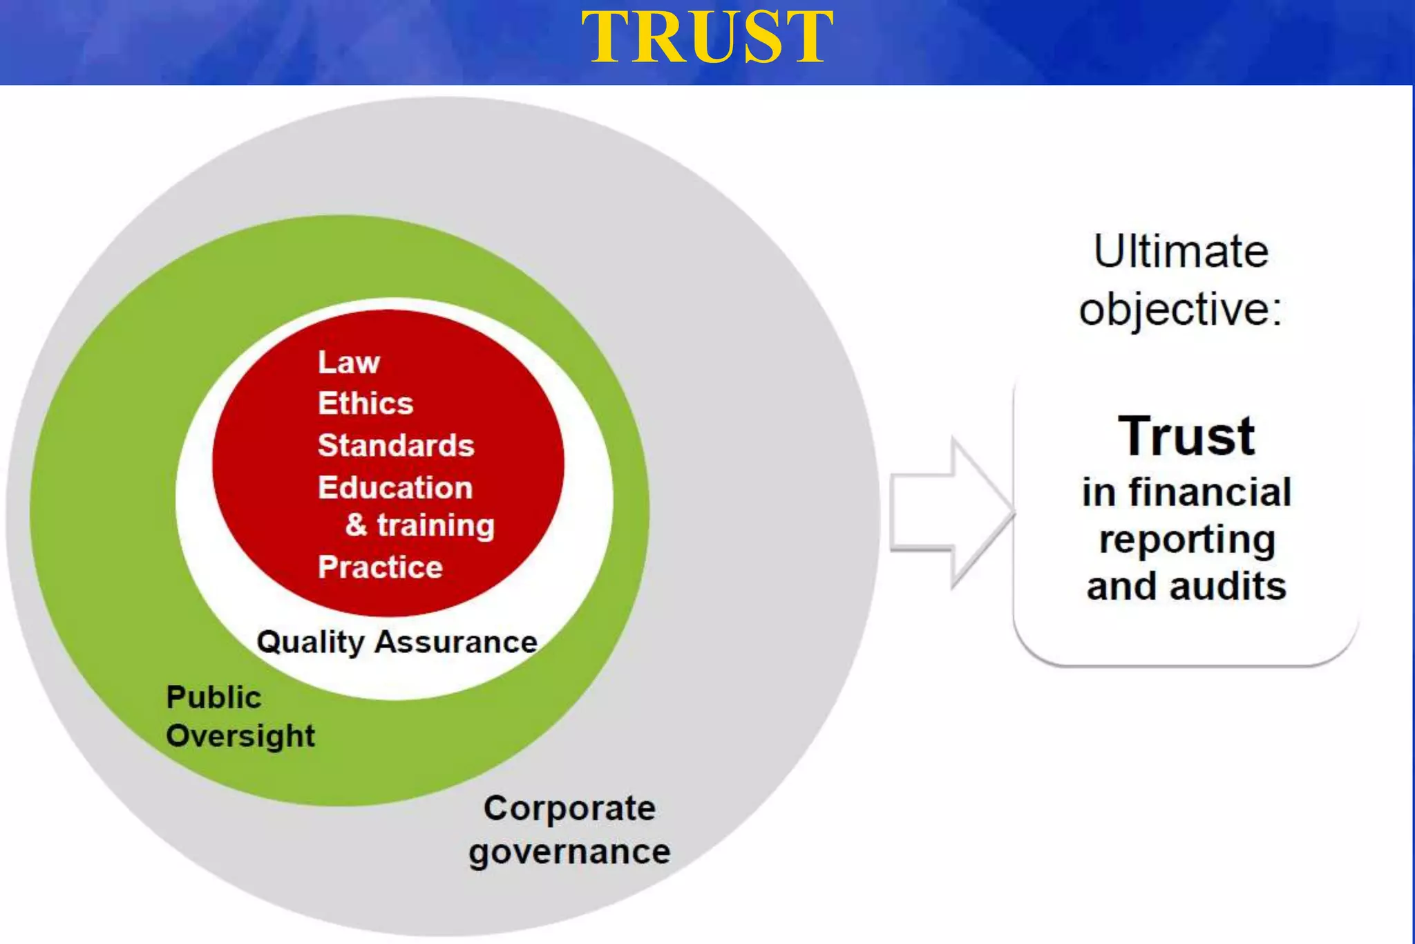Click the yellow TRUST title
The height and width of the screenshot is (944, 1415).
tap(707, 38)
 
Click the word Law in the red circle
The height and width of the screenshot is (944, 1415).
tap(348, 362)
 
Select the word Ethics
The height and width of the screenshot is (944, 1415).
tap(365, 404)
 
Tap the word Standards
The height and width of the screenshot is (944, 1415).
tap(396, 446)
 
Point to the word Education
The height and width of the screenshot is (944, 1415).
tap(395, 488)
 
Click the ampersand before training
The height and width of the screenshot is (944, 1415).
tap(357, 525)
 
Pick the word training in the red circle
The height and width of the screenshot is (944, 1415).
tap(436, 526)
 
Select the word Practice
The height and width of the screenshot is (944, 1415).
tap(380, 567)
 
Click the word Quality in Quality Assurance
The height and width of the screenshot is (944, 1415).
tap(310, 643)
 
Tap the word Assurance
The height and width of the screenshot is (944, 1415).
tap(456, 642)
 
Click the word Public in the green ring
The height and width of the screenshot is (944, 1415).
tap(213, 697)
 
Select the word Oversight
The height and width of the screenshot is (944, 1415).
tap(240, 736)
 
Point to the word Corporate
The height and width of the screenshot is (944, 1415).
tap(569, 808)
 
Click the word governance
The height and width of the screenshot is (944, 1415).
tap(569, 852)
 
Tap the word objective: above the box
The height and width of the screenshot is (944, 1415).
tap(1181, 309)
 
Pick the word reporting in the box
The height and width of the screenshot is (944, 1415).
tap(1186, 540)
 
